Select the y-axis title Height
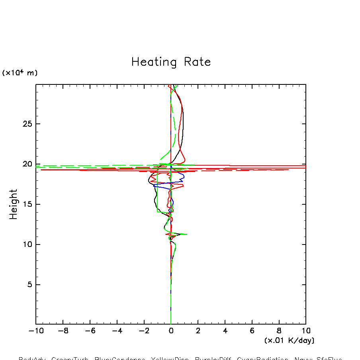[14, 204]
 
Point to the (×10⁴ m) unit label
[20, 73]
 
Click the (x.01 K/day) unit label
[289, 340]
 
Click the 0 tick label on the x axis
[171, 331]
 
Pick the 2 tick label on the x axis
[198, 331]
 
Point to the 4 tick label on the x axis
[225, 331]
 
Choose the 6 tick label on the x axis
[252, 331]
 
